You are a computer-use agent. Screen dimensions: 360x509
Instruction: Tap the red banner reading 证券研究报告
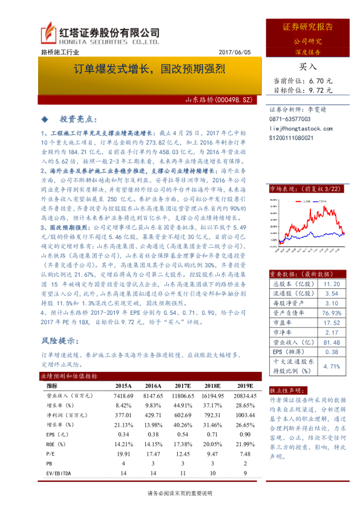[307, 27]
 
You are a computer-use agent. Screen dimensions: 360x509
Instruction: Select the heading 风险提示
[61, 340]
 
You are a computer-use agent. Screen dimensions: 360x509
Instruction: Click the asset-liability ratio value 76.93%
[332, 313]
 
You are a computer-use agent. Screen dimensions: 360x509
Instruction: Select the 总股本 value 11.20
[332, 282]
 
